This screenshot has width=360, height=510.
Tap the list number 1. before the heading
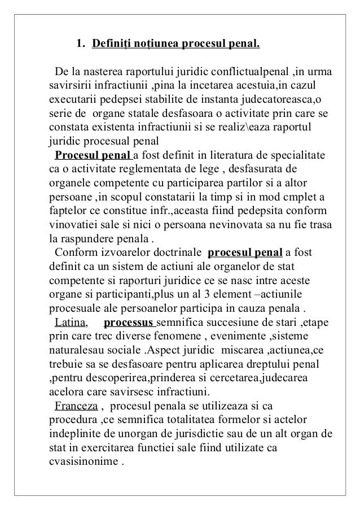(x=80, y=43)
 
